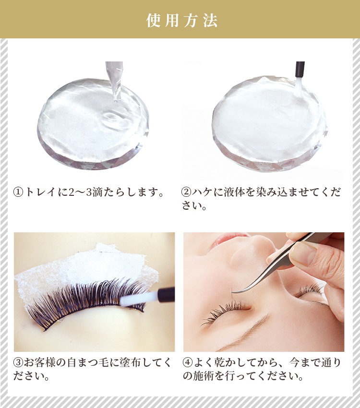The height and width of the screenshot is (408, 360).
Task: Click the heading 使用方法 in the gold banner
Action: (182, 21)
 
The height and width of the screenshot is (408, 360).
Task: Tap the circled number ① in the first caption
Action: (18, 192)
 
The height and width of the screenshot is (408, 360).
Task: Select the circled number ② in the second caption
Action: (186, 192)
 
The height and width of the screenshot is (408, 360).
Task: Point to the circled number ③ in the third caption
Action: (18, 362)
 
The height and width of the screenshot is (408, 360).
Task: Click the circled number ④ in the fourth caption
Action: (188, 362)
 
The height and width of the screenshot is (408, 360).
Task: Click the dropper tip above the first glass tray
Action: (118, 98)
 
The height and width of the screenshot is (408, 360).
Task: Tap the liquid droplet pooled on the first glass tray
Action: (114, 118)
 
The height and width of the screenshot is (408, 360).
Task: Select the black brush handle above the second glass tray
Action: (300, 70)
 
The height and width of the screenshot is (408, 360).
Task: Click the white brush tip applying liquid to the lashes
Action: (138, 299)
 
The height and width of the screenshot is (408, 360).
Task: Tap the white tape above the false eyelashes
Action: (86, 268)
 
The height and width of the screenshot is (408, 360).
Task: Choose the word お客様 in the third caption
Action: (39, 362)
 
